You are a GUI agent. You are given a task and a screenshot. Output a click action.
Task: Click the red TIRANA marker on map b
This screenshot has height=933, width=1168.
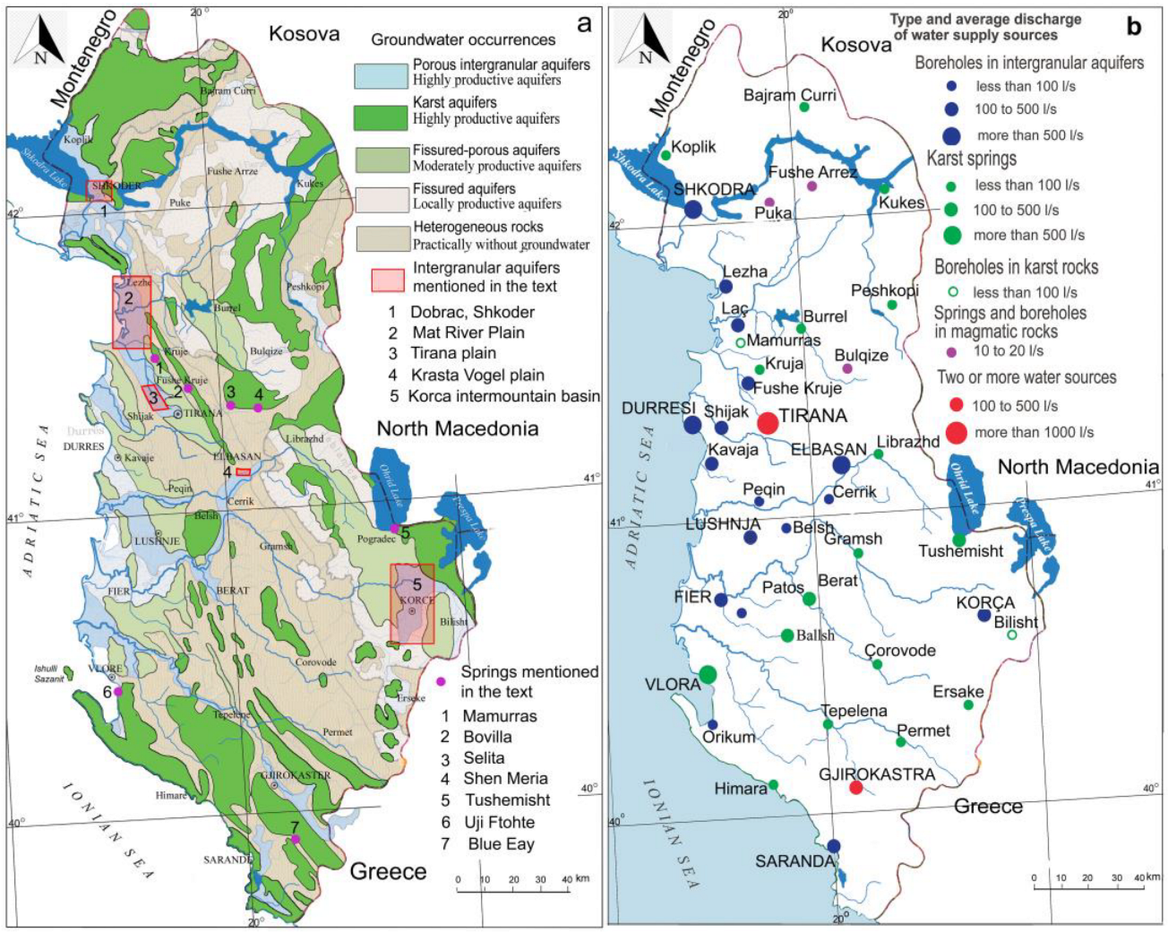pyautogui.click(x=768, y=422)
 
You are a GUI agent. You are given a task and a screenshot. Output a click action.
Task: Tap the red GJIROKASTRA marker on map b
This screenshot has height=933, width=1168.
pyautogui.click(x=855, y=788)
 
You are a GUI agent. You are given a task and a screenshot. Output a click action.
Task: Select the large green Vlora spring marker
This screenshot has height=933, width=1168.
pyautogui.click(x=708, y=674)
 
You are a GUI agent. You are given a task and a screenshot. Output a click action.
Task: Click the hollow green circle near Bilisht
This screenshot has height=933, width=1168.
pyautogui.click(x=1011, y=635)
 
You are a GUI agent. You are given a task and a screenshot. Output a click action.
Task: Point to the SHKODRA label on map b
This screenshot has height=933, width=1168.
pyautogui.click(x=715, y=189)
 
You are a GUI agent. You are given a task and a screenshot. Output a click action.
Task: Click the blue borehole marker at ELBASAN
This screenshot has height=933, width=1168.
pyautogui.click(x=840, y=464)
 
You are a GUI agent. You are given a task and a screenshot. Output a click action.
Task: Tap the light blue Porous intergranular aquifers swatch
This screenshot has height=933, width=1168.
pyautogui.click(x=381, y=75)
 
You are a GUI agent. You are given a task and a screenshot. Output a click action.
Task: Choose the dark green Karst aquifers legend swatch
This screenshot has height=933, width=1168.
pyautogui.click(x=381, y=117)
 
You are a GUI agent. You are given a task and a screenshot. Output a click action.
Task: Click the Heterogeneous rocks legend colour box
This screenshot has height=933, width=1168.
pyautogui.click(x=381, y=238)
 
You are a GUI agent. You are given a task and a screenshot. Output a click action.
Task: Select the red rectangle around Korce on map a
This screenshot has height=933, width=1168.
pyautogui.click(x=412, y=604)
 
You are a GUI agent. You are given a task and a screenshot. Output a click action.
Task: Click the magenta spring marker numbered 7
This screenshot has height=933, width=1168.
pyautogui.click(x=295, y=839)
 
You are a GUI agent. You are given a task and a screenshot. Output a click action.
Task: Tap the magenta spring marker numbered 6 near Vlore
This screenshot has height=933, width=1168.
pyautogui.click(x=118, y=691)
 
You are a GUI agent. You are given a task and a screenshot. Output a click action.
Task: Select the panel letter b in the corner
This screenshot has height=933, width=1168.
pyautogui.click(x=1134, y=27)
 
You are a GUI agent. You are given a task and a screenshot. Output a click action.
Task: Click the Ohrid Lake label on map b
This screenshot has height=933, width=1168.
pyautogui.click(x=965, y=486)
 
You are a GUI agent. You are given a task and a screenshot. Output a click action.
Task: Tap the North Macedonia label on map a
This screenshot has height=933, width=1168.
pyautogui.click(x=458, y=428)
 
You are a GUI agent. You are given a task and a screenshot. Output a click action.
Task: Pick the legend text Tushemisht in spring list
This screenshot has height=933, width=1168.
pyautogui.click(x=507, y=800)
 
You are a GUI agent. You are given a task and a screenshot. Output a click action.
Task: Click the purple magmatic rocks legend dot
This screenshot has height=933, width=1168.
pyautogui.click(x=951, y=351)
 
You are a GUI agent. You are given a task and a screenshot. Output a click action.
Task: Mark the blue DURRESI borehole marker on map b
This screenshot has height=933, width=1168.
pyautogui.click(x=692, y=425)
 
